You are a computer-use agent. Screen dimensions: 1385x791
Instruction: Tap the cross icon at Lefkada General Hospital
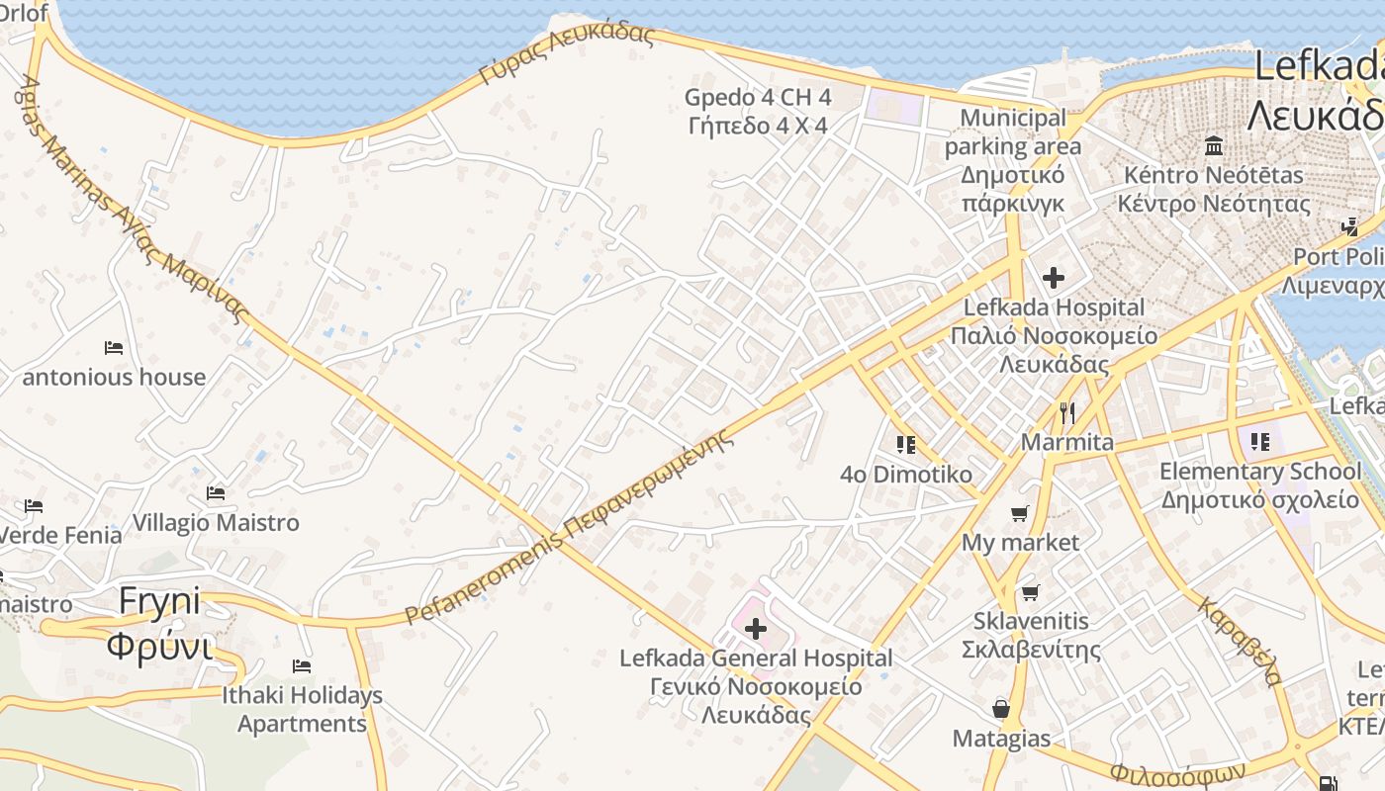tap(755, 629)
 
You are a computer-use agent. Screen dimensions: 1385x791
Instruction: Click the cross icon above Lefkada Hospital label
tap(1054, 278)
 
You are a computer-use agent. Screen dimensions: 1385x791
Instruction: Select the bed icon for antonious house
tap(114, 348)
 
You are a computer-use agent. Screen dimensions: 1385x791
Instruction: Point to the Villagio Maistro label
tap(216, 522)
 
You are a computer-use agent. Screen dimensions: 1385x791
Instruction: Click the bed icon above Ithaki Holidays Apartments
tap(302, 666)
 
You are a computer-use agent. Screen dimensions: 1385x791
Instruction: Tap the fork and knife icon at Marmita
tap(1066, 412)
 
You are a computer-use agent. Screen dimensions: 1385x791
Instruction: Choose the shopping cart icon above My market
tap(1020, 514)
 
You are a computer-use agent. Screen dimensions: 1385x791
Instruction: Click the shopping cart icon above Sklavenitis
tap(1031, 592)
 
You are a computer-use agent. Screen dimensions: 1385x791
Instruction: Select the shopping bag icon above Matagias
tap(1001, 709)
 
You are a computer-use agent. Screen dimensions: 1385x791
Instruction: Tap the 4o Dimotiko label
tap(906, 475)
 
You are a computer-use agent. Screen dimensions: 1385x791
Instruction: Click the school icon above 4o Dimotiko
tap(905, 445)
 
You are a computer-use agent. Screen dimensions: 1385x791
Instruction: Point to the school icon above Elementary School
tap(1259, 441)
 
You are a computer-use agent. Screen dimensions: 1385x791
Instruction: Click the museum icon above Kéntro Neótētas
tap(1214, 146)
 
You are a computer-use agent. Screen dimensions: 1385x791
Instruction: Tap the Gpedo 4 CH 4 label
tap(758, 112)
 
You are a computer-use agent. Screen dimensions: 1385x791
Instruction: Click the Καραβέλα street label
tap(1241, 641)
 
